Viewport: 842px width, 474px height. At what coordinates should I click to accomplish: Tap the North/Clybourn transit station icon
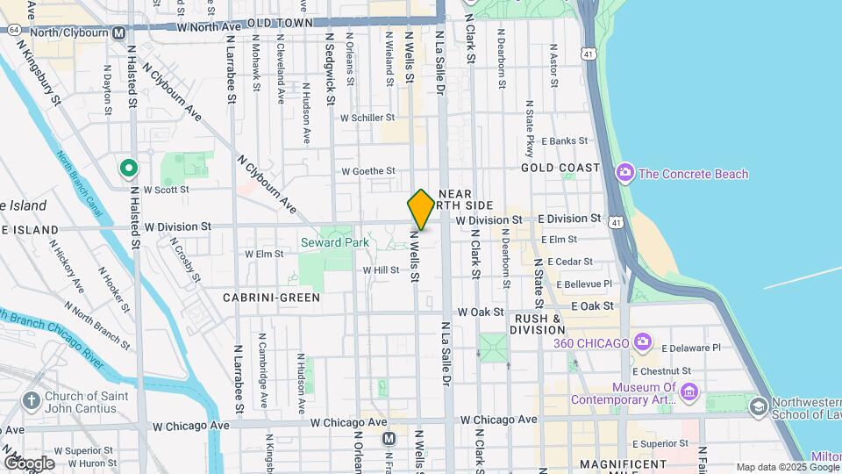[x=118, y=32]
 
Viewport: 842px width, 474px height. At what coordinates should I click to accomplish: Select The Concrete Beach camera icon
[x=624, y=172]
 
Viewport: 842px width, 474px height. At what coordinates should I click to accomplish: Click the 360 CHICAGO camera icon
[x=643, y=341]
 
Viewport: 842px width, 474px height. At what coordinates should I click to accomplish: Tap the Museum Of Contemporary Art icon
[x=689, y=391]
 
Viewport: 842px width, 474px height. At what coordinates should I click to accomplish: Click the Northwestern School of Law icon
[x=758, y=406]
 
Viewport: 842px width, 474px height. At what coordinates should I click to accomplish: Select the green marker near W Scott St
[x=128, y=167]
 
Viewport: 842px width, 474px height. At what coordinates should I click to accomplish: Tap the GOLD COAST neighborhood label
[x=560, y=168]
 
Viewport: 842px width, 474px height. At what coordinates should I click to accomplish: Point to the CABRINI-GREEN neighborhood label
[x=263, y=298]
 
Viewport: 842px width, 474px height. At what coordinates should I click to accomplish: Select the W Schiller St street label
[x=368, y=118]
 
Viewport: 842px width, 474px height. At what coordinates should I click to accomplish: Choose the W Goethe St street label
[x=368, y=171]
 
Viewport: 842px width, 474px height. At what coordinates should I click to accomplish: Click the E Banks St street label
[x=564, y=140]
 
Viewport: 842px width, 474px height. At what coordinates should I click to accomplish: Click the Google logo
[x=28, y=463]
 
